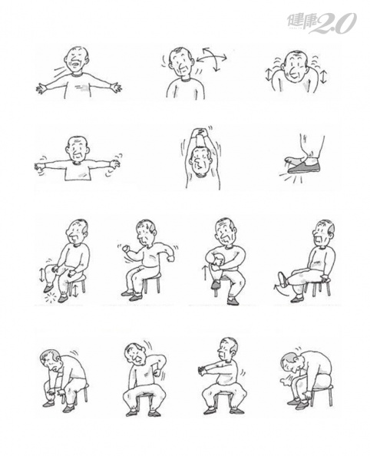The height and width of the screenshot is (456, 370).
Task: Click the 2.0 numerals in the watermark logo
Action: coord(335,23)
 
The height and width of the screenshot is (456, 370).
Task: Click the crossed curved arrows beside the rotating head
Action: coord(212,59)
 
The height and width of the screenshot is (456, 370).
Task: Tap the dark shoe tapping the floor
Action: coord(304,168)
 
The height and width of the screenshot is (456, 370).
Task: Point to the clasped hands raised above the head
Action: coord(201,131)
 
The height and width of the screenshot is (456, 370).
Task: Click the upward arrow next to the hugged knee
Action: coord(204,273)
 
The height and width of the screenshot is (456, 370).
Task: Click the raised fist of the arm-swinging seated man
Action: coord(126,249)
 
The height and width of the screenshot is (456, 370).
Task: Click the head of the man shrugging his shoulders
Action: coord(296,68)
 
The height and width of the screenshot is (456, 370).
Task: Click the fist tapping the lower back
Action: coord(157,372)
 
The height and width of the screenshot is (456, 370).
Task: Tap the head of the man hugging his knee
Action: coord(226,232)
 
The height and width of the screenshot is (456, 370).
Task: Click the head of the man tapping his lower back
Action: coord(136,353)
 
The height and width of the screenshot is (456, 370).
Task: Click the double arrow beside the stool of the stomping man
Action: coord(75,291)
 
